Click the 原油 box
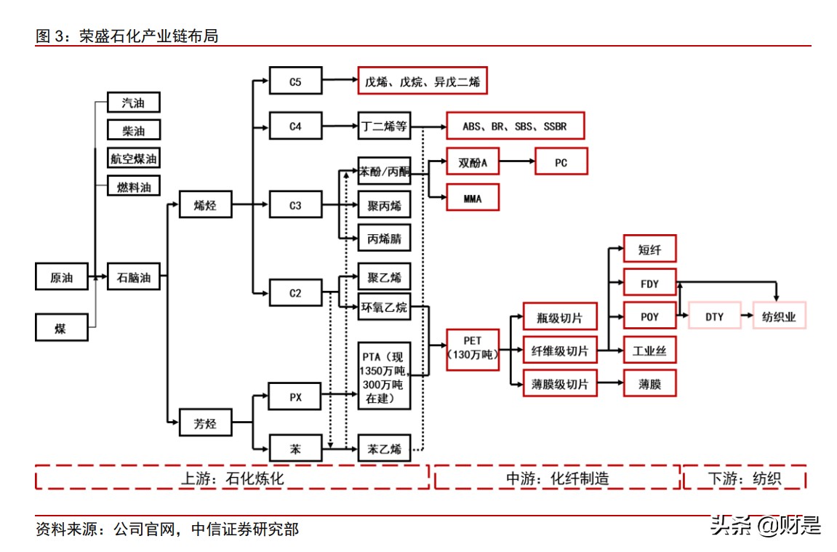62,277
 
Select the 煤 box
62,328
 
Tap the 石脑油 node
134,277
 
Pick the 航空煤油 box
134,159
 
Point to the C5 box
295,81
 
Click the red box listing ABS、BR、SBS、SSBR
515,127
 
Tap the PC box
561,163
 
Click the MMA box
473,198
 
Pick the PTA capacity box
384,375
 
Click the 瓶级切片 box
560,317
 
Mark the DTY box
715,316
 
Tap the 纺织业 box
779,316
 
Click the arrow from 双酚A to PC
517,163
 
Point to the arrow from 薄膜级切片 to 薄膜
610,383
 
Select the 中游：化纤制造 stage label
557,478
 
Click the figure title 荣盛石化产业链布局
149,36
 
